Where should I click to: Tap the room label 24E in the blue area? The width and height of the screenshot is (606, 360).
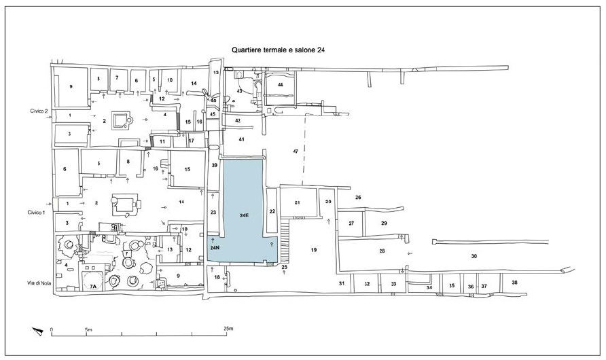tap(244, 215)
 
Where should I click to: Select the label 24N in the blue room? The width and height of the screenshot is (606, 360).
tap(214, 249)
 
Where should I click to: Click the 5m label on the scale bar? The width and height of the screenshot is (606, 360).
tap(88, 329)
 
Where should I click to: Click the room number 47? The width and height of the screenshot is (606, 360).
tap(296, 150)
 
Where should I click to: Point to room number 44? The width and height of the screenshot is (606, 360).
tap(279, 84)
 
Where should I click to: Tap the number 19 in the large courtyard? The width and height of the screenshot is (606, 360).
tap(314, 251)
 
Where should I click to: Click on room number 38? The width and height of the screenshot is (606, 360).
tap(514, 282)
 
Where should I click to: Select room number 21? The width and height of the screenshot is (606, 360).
tap(297, 203)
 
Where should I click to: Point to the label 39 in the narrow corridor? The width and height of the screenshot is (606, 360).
tap(214, 165)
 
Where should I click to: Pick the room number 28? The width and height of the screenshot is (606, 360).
tap(382, 251)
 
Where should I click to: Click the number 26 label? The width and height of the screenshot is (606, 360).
tap(357, 198)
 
